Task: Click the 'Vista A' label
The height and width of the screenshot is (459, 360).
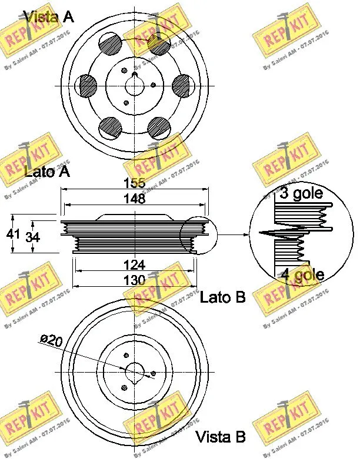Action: (x=48, y=16)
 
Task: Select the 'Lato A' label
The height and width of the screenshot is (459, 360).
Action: (x=47, y=172)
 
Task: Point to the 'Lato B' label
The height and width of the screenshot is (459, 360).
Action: (x=222, y=297)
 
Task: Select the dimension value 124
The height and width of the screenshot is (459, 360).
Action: (x=134, y=265)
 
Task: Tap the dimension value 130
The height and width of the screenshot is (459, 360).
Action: (x=134, y=280)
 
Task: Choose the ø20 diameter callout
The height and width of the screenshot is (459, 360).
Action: (x=51, y=340)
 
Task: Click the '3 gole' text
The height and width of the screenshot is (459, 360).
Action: (x=301, y=194)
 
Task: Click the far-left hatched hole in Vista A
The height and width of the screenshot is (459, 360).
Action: (x=88, y=85)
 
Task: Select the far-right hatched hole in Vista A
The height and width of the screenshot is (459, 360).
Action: (x=185, y=85)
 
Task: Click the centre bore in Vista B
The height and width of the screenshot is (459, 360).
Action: (x=136, y=371)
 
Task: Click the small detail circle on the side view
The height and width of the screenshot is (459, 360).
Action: (x=198, y=235)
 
